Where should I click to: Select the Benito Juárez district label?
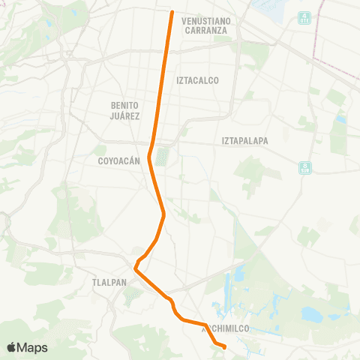tap(125, 111)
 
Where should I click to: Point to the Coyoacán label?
tap(118, 160)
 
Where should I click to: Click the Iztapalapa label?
tap(244, 140)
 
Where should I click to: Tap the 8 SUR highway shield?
tap(304, 166)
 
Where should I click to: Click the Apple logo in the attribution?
tap(12, 347)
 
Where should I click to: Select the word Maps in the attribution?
tap(33, 347)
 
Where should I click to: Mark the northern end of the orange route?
tap(172, 12)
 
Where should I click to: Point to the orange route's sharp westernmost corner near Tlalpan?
tap(135, 267)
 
